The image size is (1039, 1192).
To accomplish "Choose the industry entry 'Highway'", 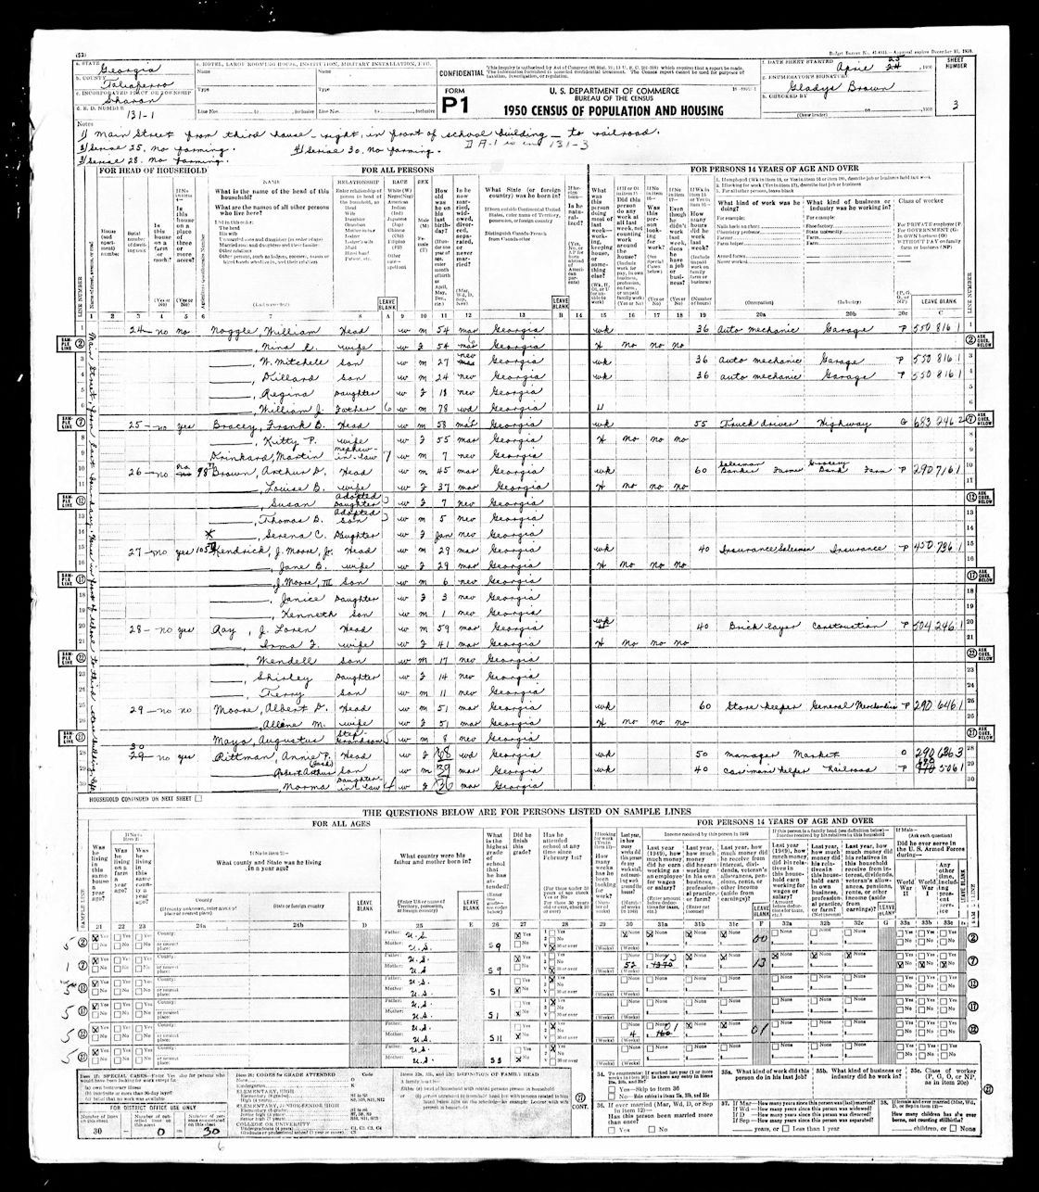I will (x=847, y=422).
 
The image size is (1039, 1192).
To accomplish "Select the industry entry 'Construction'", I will (x=847, y=626).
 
